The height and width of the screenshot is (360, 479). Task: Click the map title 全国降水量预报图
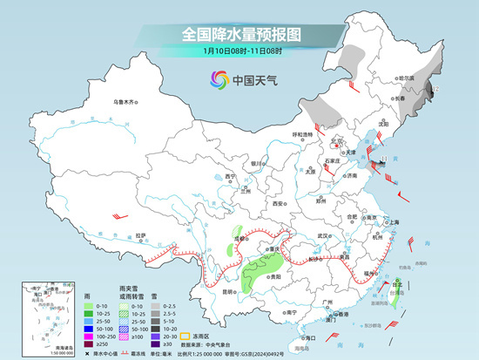(240, 34)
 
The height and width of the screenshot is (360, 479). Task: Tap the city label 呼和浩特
(302, 134)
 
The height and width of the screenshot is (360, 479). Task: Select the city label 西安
(278, 202)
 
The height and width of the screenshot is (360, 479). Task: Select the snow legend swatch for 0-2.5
(158, 307)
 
